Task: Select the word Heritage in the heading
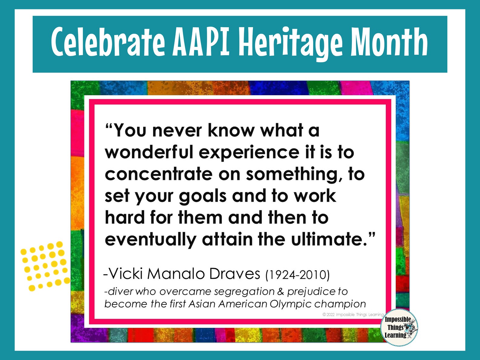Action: tap(290, 42)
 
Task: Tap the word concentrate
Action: tap(159, 174)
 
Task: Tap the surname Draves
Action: tap(235, 274)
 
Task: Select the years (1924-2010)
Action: tap(297, 275)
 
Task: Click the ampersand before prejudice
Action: tap(281, 291)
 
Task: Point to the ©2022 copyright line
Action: tap(353, 315)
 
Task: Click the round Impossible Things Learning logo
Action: tap(399, 327)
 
